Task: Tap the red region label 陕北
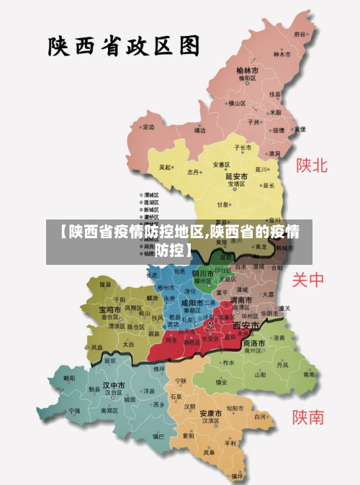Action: point(312,166)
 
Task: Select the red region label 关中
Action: point(309,280)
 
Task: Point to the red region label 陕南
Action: point(308,417)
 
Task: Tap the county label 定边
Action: point(149,127)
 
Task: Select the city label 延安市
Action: point(237,176)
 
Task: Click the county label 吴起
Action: point(166,167)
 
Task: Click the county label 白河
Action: point(261,416)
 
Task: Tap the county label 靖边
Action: point(200,130)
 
